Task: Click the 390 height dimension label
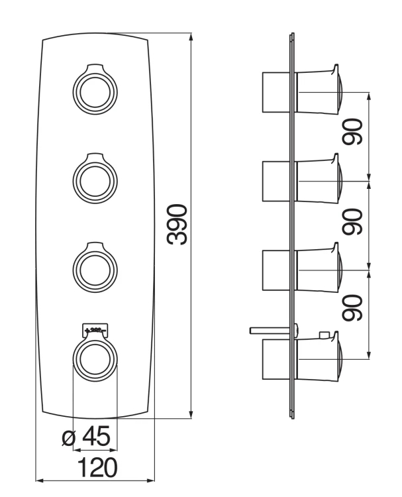(177, 226)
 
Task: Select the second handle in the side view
(319, 180)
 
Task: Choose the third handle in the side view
(319, 270)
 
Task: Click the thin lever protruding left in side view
(268, 328)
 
